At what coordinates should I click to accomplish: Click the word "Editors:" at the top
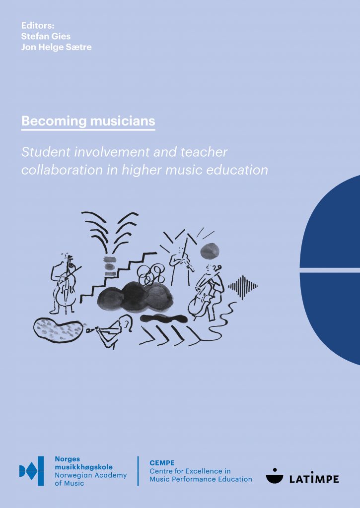(x=38, y=26)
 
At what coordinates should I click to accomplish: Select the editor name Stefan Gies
(x=46, y=36)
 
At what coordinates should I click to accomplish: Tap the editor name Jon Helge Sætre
(x=57, y=47)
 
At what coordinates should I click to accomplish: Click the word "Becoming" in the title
(x=54, y=121)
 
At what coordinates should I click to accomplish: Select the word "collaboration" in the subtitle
(x=62, y=170)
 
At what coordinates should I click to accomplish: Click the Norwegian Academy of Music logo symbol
(x=31, y=471)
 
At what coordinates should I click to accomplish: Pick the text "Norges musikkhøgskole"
(x=84, y=463)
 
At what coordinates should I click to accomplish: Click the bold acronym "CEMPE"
(x=162, y=463)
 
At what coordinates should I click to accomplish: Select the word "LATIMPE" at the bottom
(x=314, y=479)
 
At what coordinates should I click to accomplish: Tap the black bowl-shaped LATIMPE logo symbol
(x=275, y=476)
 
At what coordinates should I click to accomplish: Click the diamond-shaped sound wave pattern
(x=243, y=286)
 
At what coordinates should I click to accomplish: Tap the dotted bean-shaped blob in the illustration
(x=59, y=330)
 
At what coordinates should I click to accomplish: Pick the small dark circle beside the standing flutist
(x=210, y=251)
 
